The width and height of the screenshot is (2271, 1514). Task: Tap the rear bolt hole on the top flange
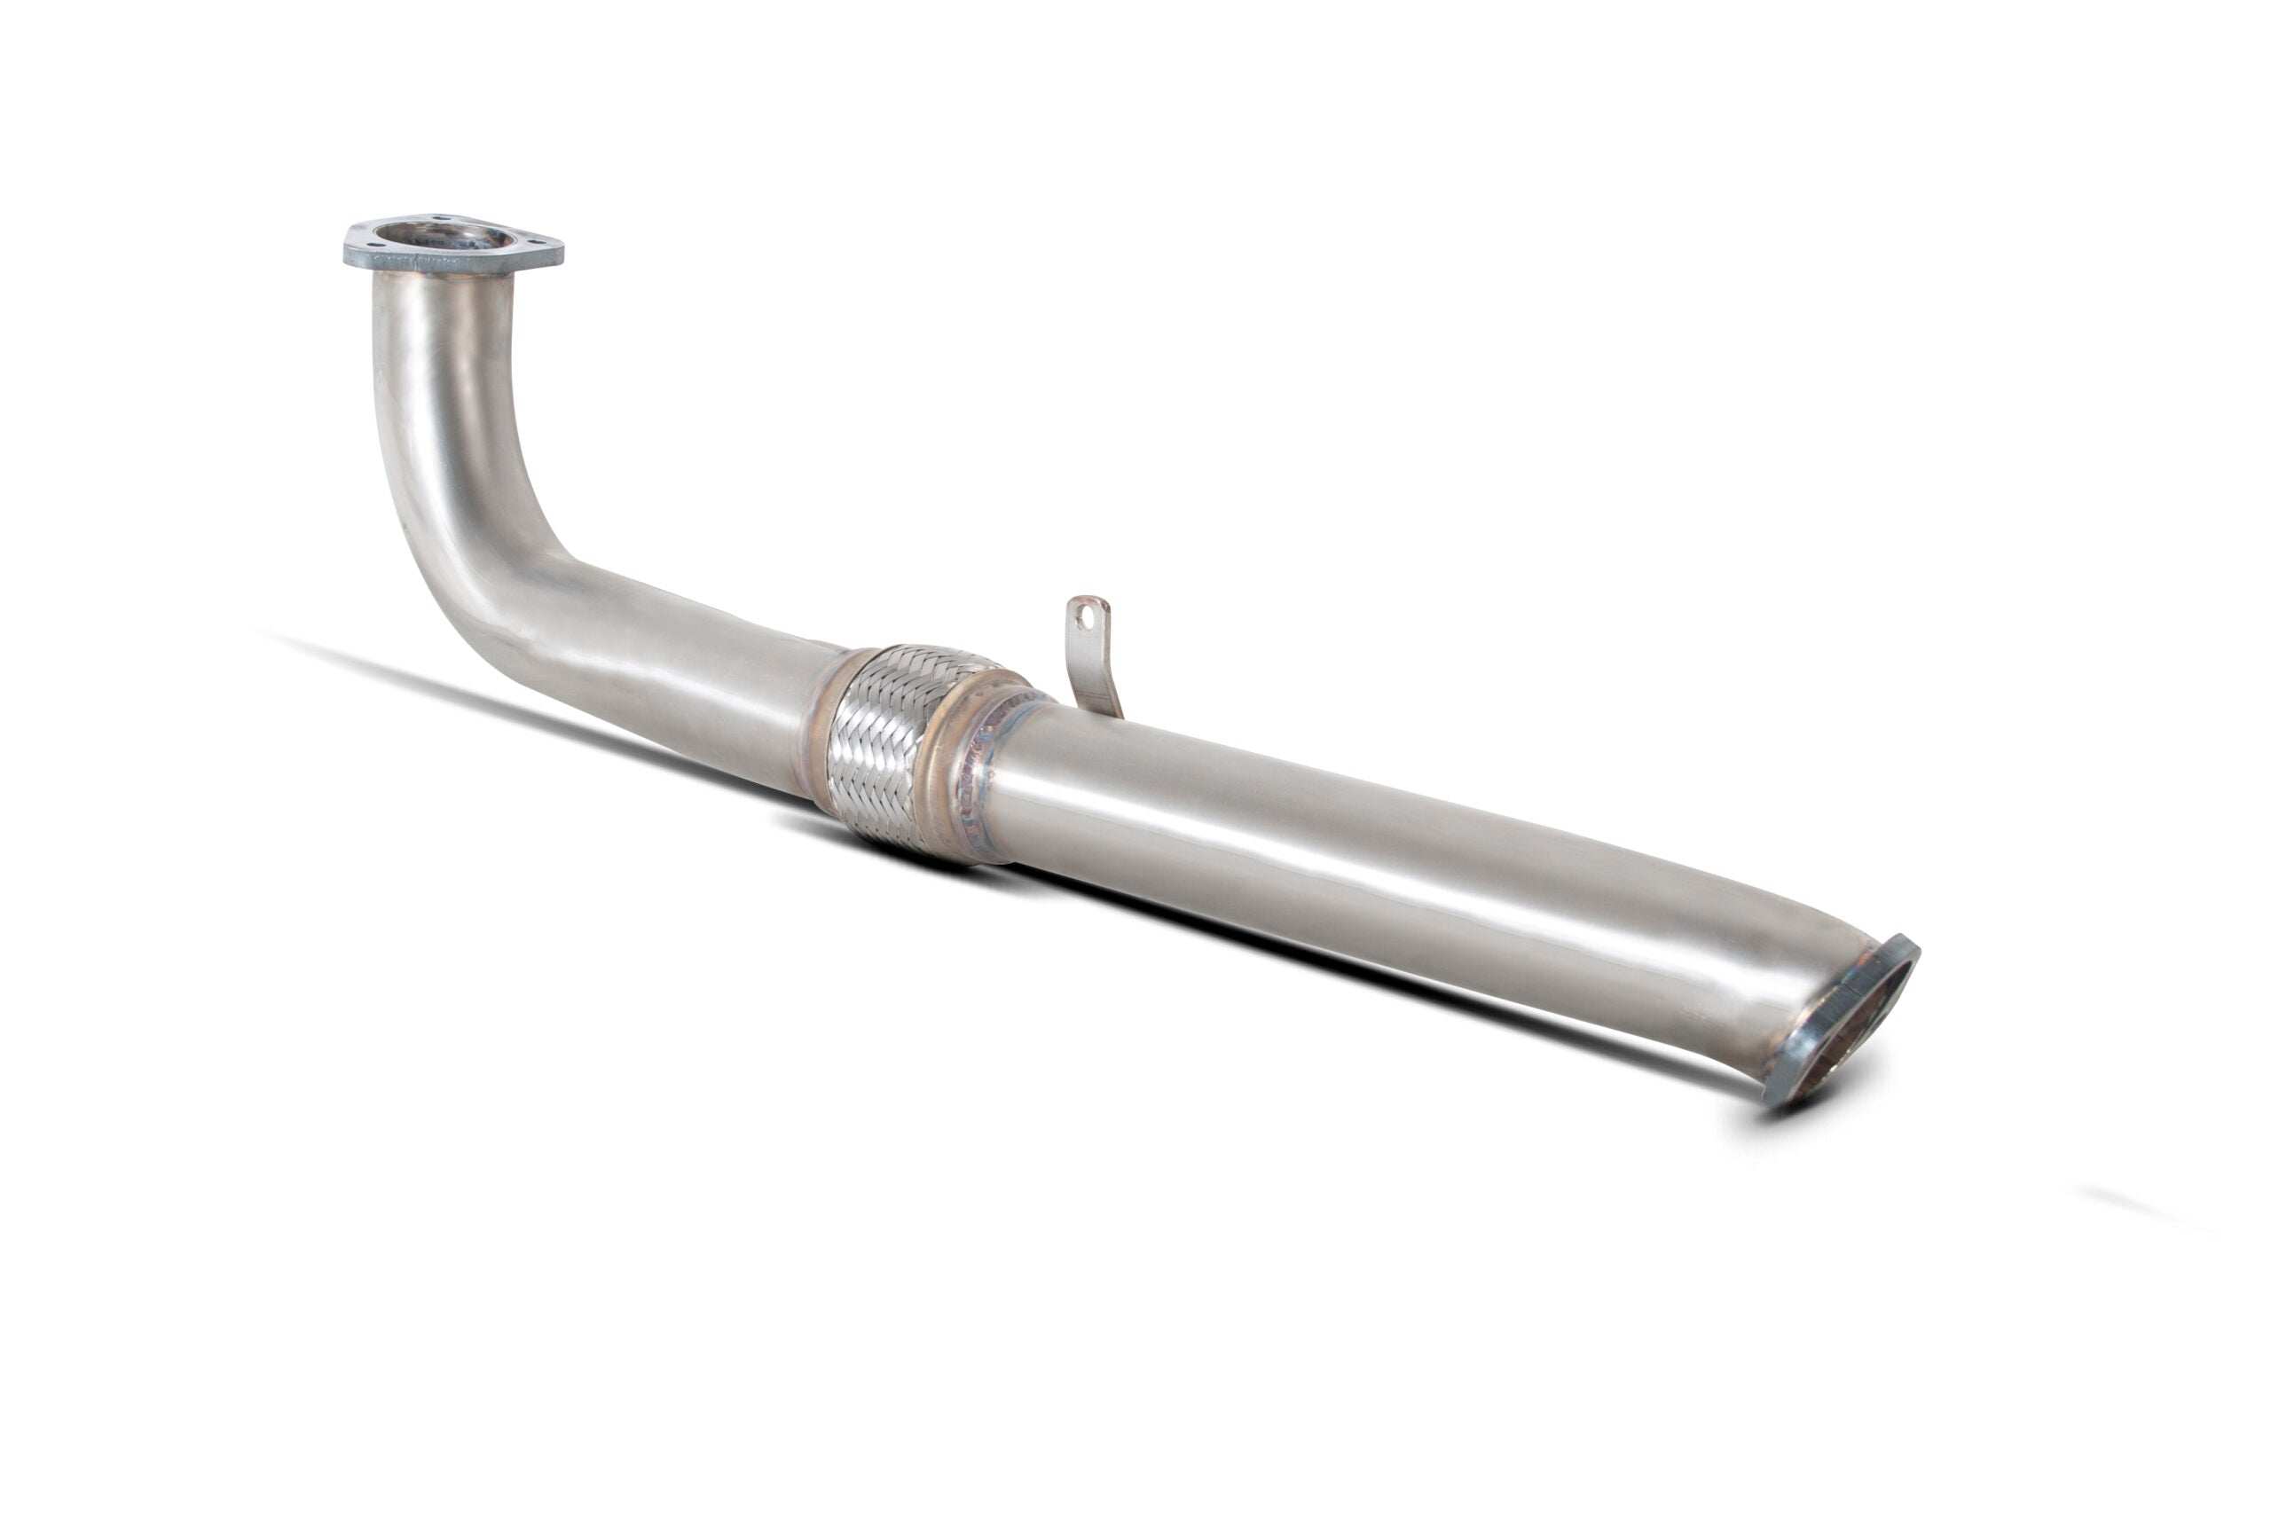pos(440,219)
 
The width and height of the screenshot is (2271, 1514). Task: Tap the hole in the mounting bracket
pos(1089,611)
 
